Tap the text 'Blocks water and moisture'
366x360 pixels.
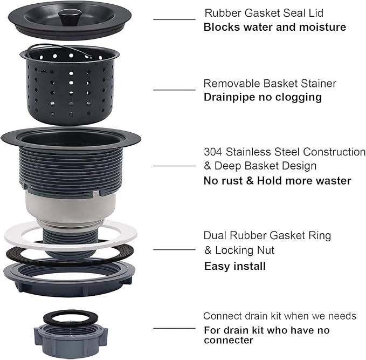[x=274, y=27]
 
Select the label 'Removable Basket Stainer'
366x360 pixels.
[x=270, y=84]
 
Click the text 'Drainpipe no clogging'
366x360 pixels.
[x=263, y=97]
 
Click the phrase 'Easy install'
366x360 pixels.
[x=234, y=266]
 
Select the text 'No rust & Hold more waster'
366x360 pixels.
[x=277, y=181]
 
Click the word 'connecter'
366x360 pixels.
[x=228, y=341]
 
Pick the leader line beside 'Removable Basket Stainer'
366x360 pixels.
[x=174, y=90]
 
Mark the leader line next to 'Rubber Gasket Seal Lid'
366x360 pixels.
[x=174, y=20]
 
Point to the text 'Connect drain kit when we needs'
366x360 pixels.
[x=279, y=316]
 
